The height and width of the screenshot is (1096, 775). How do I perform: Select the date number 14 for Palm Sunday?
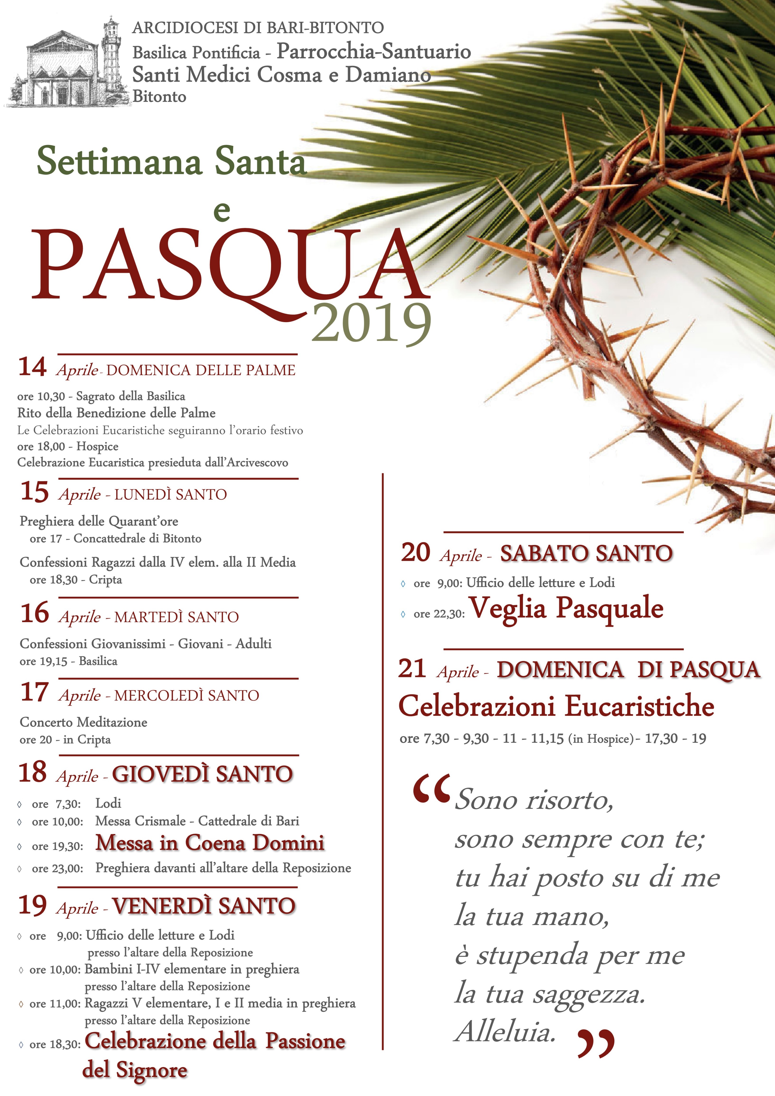pyautogui.click(x=33, y=367)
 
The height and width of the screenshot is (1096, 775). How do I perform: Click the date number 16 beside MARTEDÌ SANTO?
pyautogui.click(x=34, y=613)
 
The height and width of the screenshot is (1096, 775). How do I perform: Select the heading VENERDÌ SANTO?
pyautogui.click(x=204, y=906)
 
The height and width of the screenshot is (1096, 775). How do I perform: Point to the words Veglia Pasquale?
pyautogui.click(x=566, y=609)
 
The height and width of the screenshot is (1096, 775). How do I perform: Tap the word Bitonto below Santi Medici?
pyautogui.click(x=159, y=97)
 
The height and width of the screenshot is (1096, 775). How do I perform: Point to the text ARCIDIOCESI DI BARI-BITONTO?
pyautogui.click(x=258, y=28)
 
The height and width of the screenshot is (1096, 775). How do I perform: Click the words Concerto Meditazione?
pyautogui.click(x=84, y=722)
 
